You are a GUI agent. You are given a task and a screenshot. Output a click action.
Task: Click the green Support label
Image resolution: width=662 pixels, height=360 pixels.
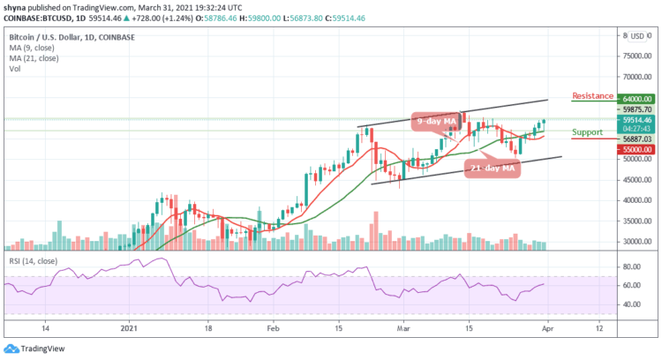tap(588, 131)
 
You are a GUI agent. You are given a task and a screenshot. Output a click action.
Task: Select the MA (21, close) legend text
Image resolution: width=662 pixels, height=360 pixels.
tap(32, 56)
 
